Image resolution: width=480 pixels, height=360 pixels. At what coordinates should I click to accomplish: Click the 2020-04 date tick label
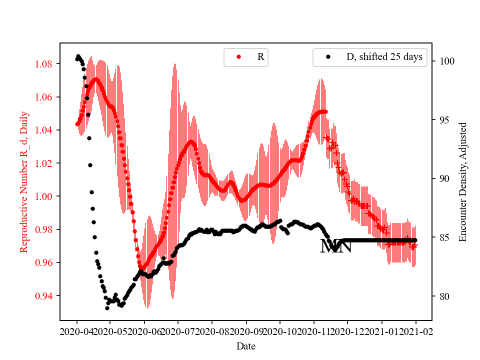(x=77, y=331)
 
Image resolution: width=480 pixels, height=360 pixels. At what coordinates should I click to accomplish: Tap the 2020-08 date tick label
(x=212, y=331)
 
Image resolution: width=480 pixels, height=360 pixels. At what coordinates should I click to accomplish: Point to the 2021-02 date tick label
(x=415, y=331)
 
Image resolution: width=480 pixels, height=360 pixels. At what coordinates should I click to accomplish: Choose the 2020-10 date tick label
(x=280, y=331)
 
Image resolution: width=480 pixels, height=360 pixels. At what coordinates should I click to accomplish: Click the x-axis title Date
(x=246, y=345)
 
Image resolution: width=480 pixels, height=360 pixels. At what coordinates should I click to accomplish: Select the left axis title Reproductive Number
(x=23, y=182)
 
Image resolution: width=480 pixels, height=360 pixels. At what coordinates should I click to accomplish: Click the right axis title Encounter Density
(x=462, y=182)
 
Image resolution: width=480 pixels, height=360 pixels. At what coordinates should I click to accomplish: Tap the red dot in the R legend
(x=239, y=57)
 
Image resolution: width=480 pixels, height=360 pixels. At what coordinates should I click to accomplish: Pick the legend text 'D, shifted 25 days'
(x=384, y=57)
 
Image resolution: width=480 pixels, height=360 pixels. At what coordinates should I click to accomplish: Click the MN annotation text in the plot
(x=336, y=246)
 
